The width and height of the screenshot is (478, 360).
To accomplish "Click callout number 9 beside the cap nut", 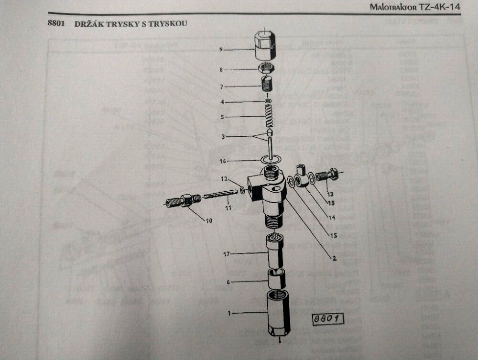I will point(221,49).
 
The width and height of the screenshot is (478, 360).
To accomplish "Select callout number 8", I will point(221,70).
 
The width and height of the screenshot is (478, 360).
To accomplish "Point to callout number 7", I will point(221,87).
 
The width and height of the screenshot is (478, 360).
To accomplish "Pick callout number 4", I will point(221,102).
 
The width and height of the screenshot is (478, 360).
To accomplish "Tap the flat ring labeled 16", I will point(271,158).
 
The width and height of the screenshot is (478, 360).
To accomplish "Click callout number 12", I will point(223,179).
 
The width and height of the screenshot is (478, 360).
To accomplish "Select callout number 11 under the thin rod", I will point(228,208).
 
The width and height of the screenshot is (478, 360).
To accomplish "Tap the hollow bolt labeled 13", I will point(328,175).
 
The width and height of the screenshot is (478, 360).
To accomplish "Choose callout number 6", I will point(228,282).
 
